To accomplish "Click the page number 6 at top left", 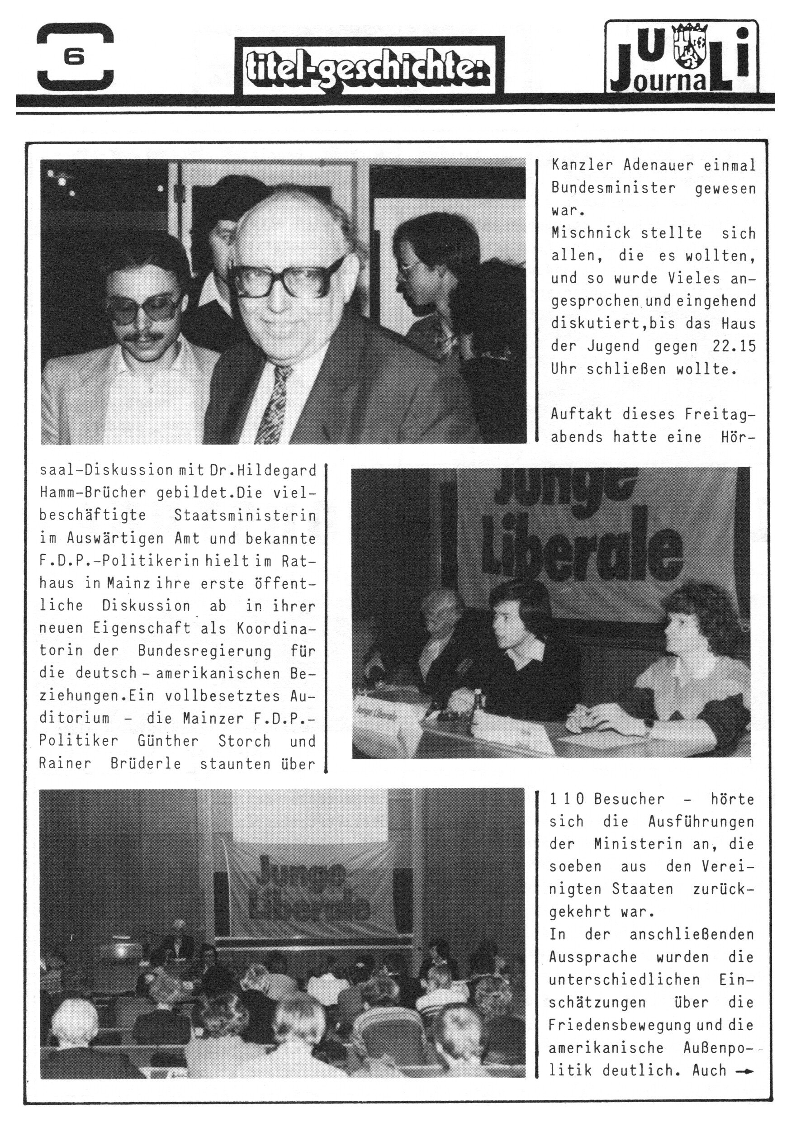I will click(x=74, y=58).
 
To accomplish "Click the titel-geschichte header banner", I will click(x=369, y=66).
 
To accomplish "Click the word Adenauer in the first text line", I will click(x=658, y=166).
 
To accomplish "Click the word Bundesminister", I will click(x=613, y=188).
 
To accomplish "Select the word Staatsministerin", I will click(x=245, y=516).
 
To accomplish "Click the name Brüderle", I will click(x=146, y=763).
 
